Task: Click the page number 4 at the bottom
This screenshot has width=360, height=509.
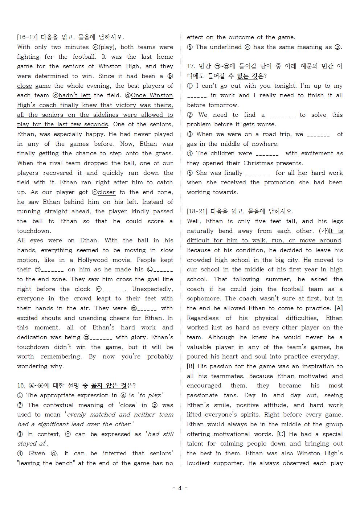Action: pyautogui.click(x=180, y=488)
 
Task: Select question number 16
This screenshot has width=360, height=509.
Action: pyautogui.click(x=21, y=385)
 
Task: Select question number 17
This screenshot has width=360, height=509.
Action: pyautogui.click(x=191, y=66)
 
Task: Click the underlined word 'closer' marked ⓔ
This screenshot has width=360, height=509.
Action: pyautogui.click(x=106, y=192)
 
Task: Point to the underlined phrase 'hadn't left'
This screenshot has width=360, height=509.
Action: pyautogui.click(x=74, y=95)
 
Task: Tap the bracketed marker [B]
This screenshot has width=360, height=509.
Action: pyautogui.click(x=191, y=366)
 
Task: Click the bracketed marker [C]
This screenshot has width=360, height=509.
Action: pyautogui.click(x=281, y=434)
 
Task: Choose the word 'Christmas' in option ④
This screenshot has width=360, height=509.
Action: pyautogui.click(x=258, y=163)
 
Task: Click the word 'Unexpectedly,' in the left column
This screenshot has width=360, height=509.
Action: pyautogui.click(x=152, y=289)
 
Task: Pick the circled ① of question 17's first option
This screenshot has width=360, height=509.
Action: pyautogui.click(x=190, y=86)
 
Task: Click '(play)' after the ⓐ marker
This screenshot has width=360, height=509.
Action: pyautogui.click(x=107, y=47)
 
